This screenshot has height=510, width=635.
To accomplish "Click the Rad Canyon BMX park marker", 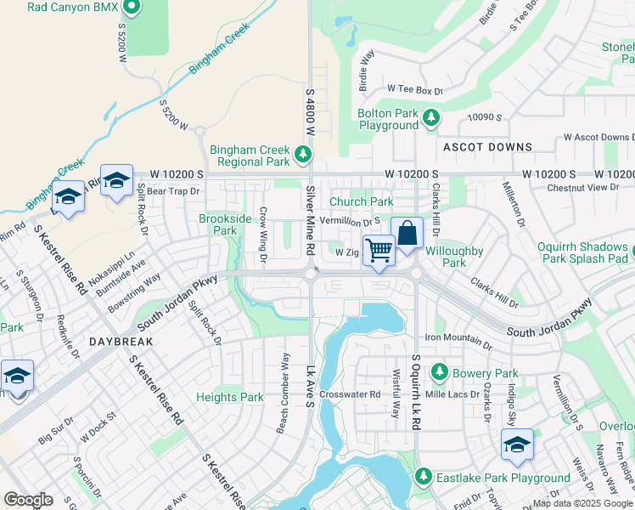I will [x=132, y=8].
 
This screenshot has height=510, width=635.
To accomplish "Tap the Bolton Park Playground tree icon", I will [x=431, y=118].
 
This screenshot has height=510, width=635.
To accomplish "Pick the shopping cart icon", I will [x=379, y=249].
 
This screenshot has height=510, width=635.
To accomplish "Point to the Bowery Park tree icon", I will [x=439, y=372].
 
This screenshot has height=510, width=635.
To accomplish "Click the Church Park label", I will [x=362, y=201].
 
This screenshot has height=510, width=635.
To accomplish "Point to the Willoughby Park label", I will [x=454, y=257].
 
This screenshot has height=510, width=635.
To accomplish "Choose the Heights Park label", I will [x=229, y=397].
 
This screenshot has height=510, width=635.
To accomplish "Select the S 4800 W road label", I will [x=310, y=110].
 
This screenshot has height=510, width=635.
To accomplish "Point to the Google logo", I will [x=28, y=500].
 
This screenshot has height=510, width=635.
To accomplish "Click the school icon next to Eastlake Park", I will [x=517, y=442].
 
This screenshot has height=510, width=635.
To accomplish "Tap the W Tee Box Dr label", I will [x=416, y=89].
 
